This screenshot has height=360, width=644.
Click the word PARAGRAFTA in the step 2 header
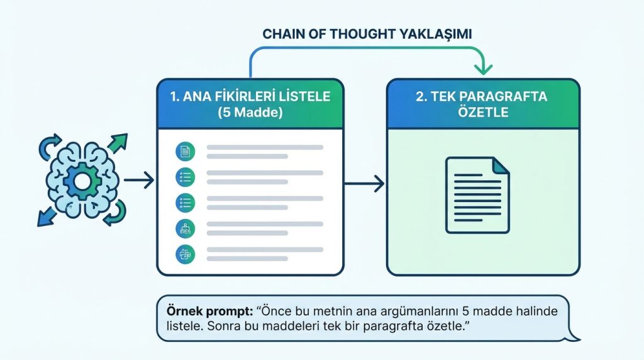[502, 98]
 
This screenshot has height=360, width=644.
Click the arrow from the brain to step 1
[139, 182]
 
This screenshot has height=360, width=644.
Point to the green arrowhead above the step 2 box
[484, 65]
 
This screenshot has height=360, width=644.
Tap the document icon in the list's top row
[186, 151]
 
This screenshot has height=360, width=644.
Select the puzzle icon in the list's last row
[186, 254]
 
